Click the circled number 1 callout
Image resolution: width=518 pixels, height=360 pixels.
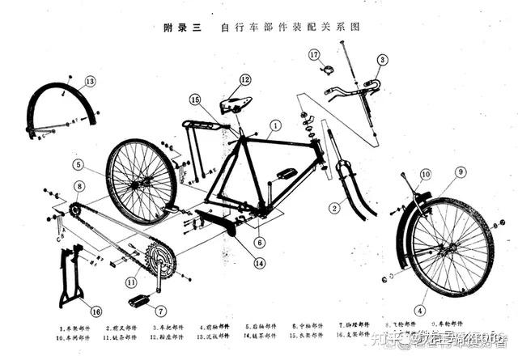point(275,125)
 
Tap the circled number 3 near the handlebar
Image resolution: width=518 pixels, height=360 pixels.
point(382,59)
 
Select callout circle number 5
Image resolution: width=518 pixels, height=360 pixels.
point(78,163)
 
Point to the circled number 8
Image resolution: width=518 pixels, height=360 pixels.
point(79,186)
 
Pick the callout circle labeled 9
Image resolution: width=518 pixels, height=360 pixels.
point(461,172)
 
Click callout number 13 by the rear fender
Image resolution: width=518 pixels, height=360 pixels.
point(89,81)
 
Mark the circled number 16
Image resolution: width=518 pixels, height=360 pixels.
point(96,311)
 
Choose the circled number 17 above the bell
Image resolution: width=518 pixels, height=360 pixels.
point(314,54)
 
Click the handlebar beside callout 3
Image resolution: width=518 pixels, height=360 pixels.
point(356,87)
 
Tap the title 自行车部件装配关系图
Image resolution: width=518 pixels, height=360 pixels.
point(289,27)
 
